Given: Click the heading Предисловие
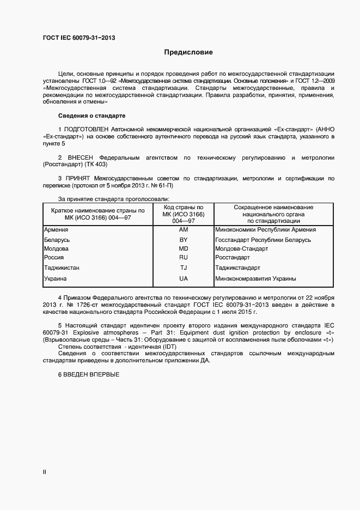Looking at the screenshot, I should coord(188,53).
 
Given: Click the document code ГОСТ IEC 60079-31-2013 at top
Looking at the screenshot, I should coord(79,38).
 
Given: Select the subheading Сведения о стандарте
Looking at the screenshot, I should coord(91,116).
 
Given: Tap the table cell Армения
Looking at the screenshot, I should coord(56,230).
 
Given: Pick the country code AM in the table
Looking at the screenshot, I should coord(183,230).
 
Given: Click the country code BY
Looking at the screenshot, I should coord(183,240).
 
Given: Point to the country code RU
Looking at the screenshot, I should coord(183,257).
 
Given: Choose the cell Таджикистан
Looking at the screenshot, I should coord(62,268).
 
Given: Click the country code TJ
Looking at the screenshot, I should coord(183,268).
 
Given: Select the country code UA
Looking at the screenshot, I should coord(183,279).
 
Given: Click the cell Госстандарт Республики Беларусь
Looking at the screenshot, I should coord(263,240).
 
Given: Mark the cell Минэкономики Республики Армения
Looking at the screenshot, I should coord(265,230).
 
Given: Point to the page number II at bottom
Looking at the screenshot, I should coord(45,472).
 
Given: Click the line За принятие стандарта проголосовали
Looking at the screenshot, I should coord(114,199).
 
